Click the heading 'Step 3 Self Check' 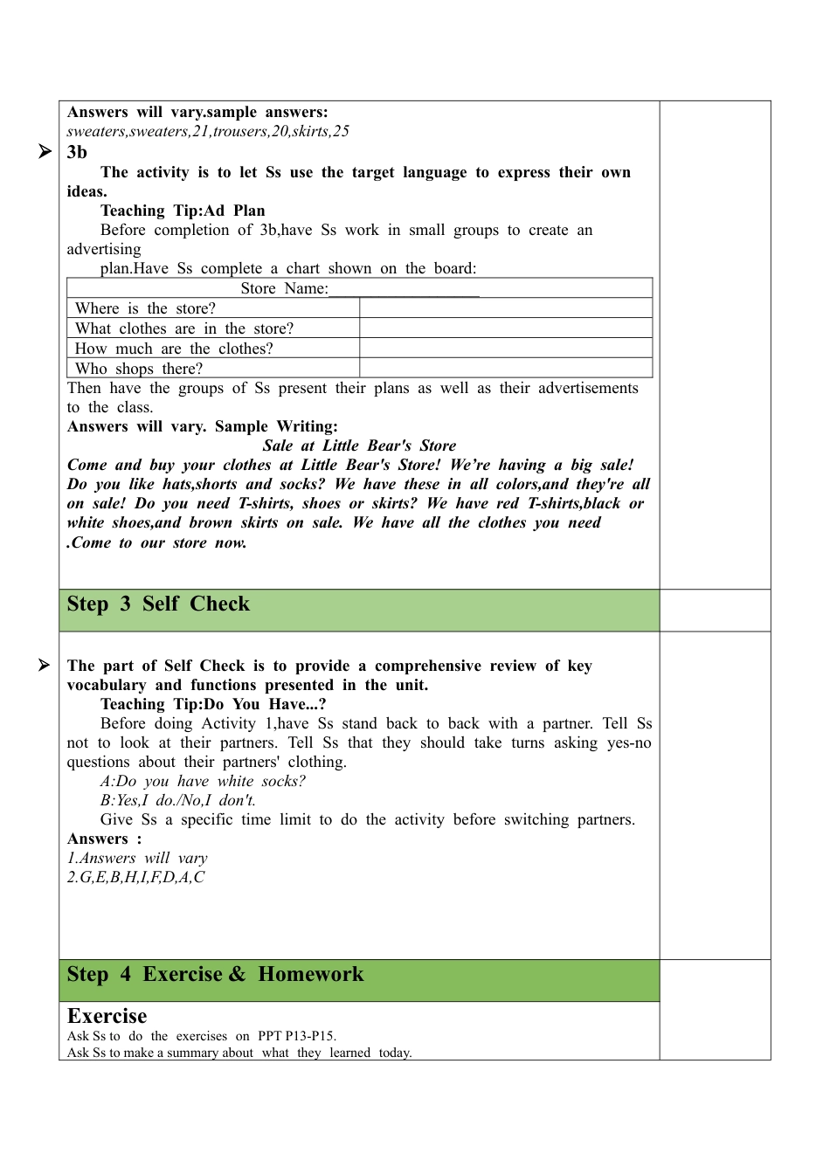[x=158, y=604]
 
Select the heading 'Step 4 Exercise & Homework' [x=215, y=975]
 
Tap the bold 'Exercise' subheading [x=107, y=1017]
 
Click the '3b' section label [x=77, y=152]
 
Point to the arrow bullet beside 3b [x=45, y=152]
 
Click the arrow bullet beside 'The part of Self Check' [x=45, y=666]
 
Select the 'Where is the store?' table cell [x=145, y=308]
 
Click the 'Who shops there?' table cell [x=139, y=369]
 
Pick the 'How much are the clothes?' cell [x=174, y=349]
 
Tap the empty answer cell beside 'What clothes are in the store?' [x=505, y=328]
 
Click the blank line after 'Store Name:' [x=404, y=289]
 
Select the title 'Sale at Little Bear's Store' [x=359, y=445]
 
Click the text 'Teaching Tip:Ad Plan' [x=183, y=211]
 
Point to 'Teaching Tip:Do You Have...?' [x=213, y=704]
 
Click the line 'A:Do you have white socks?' [x=203, y=781]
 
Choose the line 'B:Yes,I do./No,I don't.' [x=178, y=800]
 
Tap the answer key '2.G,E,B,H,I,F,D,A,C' [x=135, y=877]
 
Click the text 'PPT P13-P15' [x=296, y=1036]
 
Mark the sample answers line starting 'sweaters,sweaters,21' [x=208, y=131]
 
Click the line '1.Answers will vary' [x=137, y=858]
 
